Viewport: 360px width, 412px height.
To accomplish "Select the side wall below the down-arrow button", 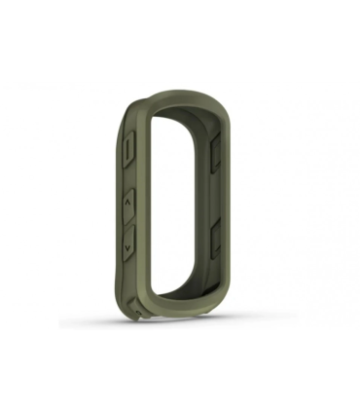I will (x=130, y=282).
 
